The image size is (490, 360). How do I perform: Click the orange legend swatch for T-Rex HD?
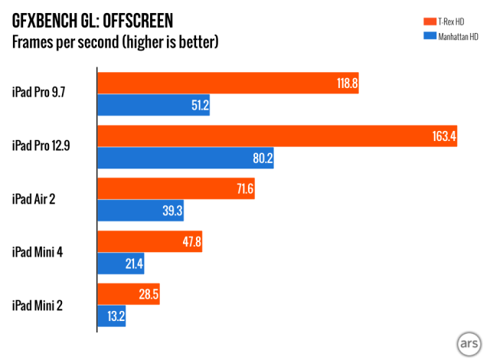click(431, 21)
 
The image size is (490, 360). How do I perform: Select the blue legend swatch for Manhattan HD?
click(431, 36)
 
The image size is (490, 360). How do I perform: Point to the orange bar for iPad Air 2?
click(175, 189)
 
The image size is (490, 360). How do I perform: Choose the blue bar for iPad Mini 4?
click(120, 264)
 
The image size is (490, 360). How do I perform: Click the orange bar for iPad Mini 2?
click(128, 295)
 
